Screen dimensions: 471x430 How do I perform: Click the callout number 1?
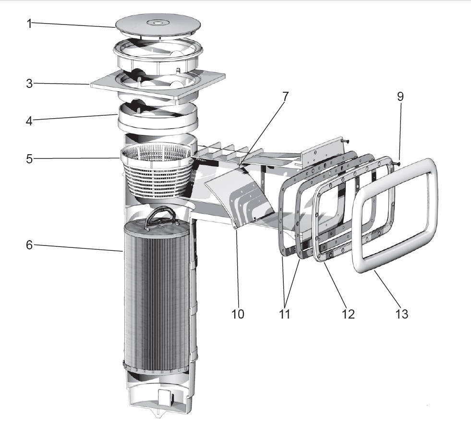[x=29, y=24]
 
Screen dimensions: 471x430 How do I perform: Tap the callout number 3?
[x=29, y=84]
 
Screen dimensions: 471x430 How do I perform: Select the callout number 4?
[x=29, y=121]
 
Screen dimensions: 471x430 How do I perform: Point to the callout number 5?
[x=29, y=159]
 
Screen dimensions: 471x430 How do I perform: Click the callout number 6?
[x=29, y=245]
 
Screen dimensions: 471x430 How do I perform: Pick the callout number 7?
[x=285, y=97]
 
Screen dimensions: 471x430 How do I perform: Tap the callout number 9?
[x=400, y=97]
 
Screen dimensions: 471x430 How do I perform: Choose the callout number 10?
[x=238, y=314]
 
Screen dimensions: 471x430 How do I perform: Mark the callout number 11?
[x=284, y=314]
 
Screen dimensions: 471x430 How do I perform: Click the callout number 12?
[x=348, y=314]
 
